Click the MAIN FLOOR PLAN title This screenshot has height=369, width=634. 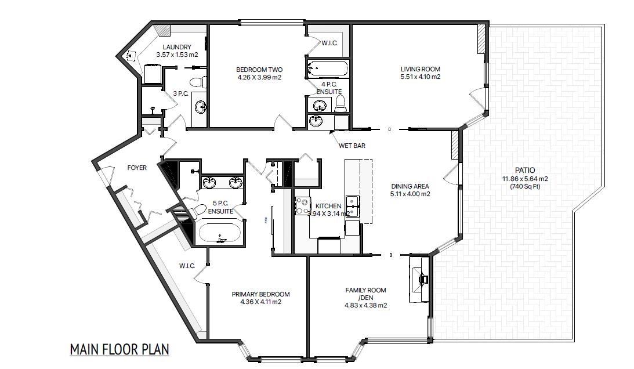coord(119,349)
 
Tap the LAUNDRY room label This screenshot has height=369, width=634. coord(177,47)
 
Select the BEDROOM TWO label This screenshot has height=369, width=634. coord(259,70)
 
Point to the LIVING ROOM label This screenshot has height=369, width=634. coord(420,70)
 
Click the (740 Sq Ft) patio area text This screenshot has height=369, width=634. coord(524,187)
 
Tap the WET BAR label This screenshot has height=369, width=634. coord(352,146)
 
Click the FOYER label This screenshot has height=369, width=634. coord(137,168)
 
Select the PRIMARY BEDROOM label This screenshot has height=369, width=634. coord(260,294)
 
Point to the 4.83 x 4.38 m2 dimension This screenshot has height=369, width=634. coord(365,305)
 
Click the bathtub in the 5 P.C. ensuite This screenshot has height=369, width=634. coord(221,234)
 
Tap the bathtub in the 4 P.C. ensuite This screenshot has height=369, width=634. coord(327,70)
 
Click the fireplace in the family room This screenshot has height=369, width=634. coord(421,278)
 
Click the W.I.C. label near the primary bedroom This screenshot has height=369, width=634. coord(186,266)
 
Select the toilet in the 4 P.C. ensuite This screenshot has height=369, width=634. coord(340,104)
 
